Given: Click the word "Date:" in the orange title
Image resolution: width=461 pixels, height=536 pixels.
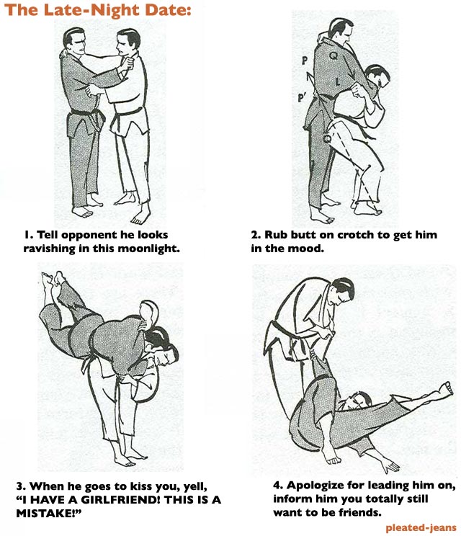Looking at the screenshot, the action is pos(167,9).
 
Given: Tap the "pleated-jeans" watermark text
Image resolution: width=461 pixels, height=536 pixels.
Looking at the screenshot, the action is pos(421,527).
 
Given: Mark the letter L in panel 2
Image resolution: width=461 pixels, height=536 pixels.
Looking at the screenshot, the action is pos(338,81).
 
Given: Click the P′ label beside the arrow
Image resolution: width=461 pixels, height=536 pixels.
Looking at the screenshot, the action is pos(301,98).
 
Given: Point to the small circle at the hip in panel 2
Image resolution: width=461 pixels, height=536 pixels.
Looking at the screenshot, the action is pos(327,138).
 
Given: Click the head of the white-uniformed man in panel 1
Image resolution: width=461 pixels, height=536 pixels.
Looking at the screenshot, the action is pos(127,43).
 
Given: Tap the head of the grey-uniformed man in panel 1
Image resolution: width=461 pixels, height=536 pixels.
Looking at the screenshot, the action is pos(74,41).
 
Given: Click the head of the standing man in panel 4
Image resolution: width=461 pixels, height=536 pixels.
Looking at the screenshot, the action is pos(342,290).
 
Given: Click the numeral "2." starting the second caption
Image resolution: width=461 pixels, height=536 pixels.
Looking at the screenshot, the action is pos(256,235).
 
